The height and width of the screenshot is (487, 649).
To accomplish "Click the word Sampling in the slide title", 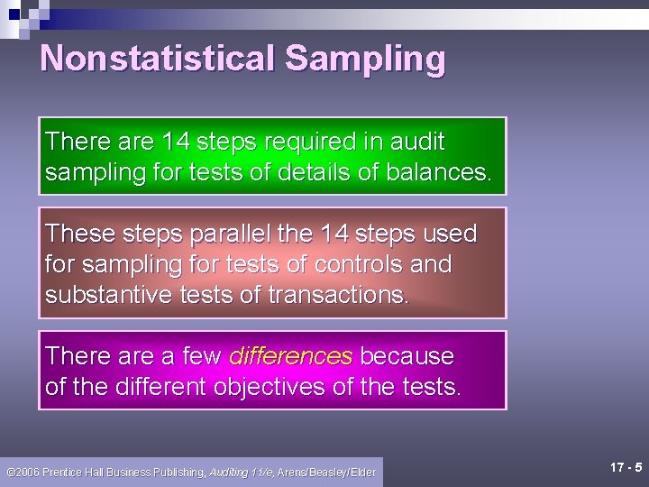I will [365, 59].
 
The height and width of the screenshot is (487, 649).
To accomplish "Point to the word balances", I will [438, 172].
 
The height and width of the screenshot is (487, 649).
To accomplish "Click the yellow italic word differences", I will [290, 356].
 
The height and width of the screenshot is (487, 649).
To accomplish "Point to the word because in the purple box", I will [407, 356].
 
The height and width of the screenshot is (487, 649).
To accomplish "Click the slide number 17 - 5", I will [626, 467].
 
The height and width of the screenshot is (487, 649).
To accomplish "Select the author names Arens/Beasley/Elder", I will [326, 472].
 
